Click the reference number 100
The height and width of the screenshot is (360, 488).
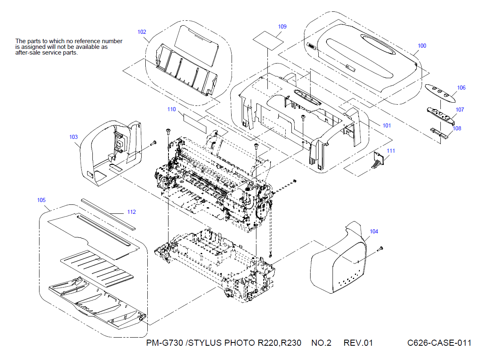coord(422,46)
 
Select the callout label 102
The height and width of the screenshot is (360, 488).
coord(142,32)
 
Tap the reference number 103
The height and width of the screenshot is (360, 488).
coord(74,137)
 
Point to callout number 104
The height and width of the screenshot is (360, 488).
coord(374,231)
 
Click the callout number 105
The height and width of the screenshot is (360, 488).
coord(41,200)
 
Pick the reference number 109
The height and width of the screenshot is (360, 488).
coord(282,26)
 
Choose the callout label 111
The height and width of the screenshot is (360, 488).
coord(391,151)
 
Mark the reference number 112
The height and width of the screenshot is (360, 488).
coord(131,212)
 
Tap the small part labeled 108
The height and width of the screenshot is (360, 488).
coord(440,132)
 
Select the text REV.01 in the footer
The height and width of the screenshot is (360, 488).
coord(358,343)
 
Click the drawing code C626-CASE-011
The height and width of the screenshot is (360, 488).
coord(439,343)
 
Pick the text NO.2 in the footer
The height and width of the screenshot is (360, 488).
coord(322,343)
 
